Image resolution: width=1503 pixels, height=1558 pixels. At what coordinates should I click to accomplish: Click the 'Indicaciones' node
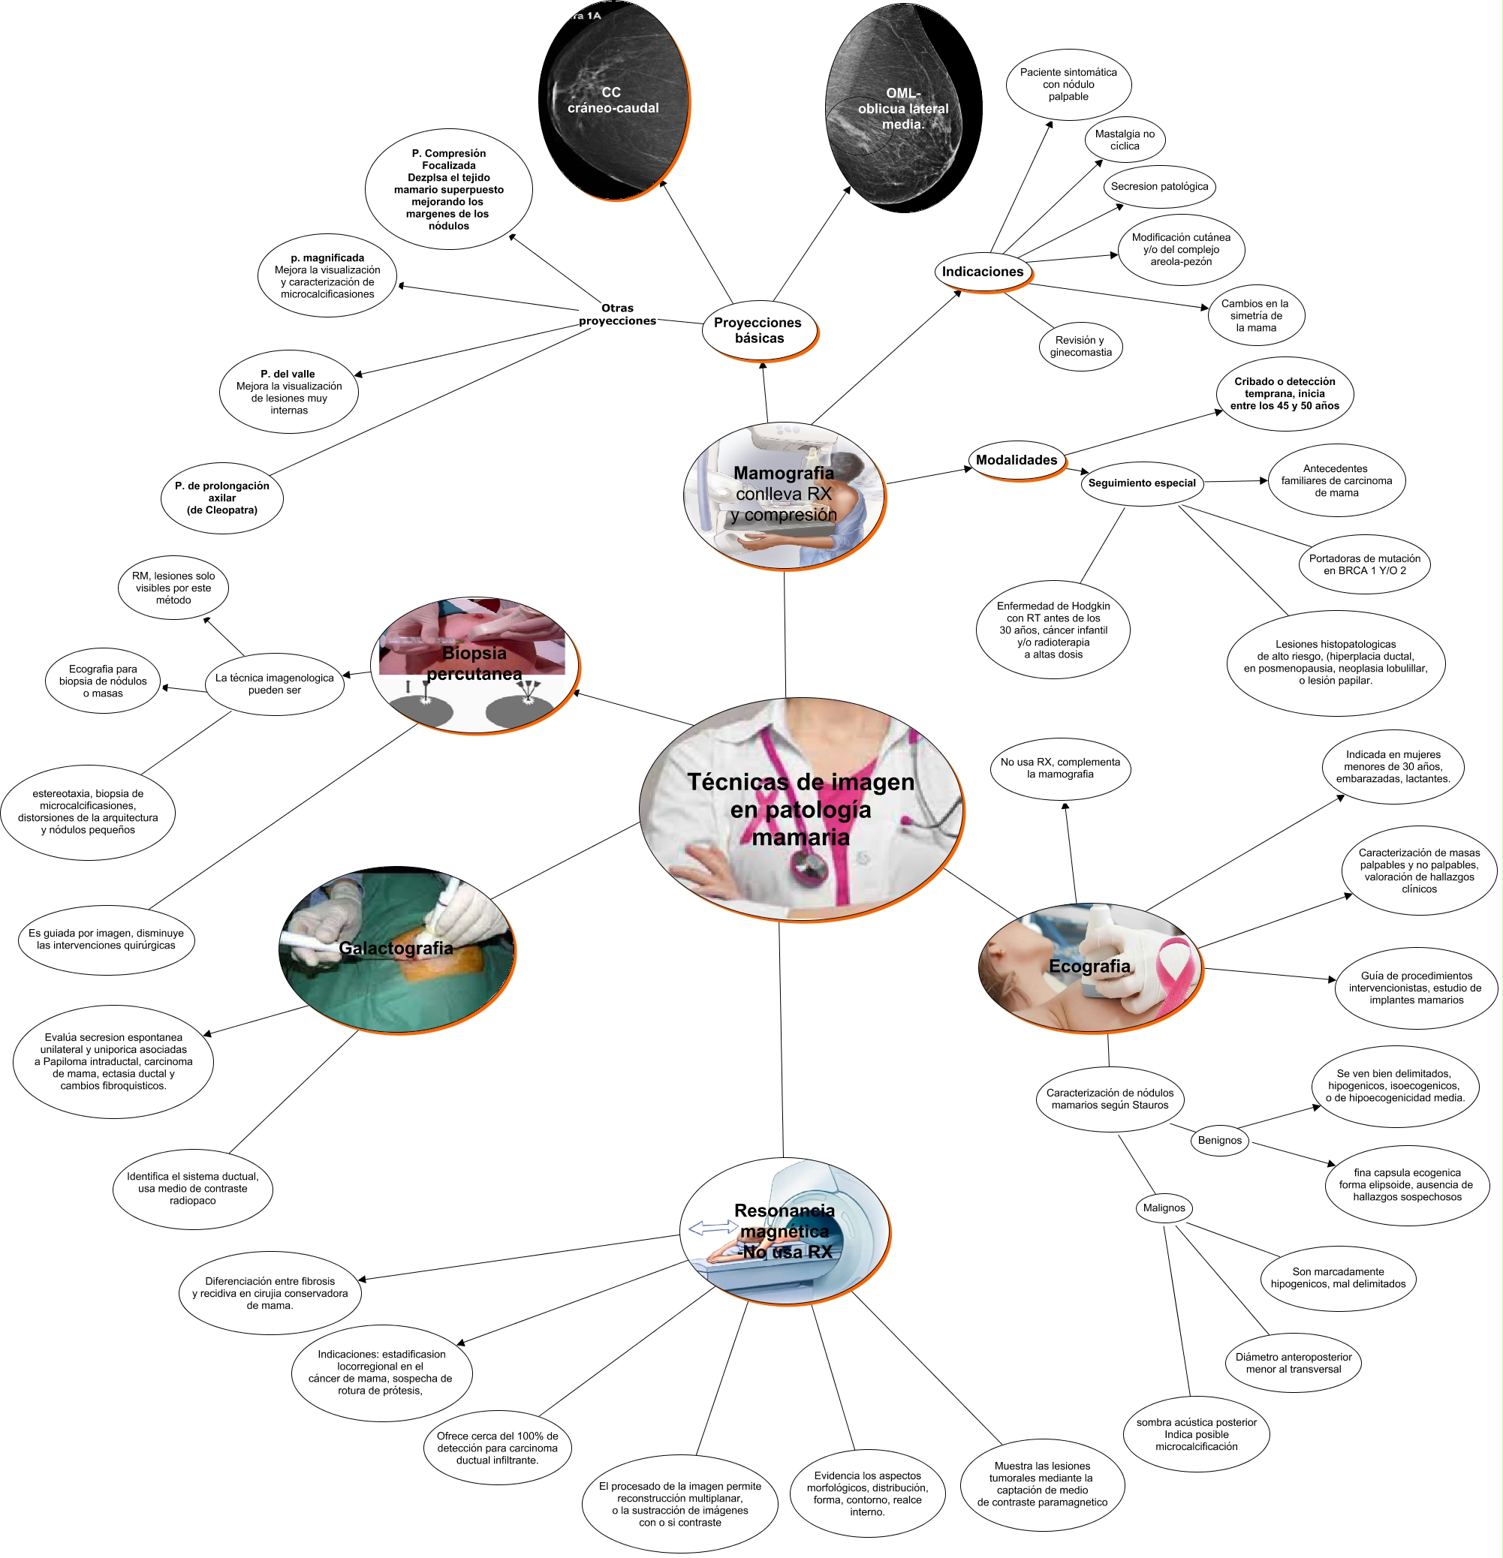[x=982, y=272]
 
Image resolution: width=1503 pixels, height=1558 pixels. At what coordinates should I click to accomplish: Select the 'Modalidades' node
[x=1017, y=460]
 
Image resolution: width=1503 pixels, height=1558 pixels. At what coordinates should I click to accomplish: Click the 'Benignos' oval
[x=1219, y=1141]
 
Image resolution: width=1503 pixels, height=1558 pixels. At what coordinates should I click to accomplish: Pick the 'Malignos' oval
[x=1164, y=1208]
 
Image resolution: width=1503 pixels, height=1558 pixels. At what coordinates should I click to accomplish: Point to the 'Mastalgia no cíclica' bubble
[x=1125, y=140]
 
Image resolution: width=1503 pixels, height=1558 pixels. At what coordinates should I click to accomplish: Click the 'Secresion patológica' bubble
[x=1158, y=187]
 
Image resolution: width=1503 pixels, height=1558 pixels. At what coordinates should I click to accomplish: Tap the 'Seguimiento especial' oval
[x=1141, y=483]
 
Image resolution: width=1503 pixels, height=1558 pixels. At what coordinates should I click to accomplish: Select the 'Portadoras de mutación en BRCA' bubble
[x=1364, y=564]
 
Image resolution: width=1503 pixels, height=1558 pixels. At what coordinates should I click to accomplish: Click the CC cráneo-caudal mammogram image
[x=613, y=101]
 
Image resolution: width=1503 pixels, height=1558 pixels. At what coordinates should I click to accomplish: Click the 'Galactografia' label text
[x=396, y=949]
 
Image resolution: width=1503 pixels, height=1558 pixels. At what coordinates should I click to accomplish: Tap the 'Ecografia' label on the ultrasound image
[x=1089, y=967]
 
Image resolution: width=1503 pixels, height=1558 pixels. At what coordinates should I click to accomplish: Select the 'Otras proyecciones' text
[x=617, y=314]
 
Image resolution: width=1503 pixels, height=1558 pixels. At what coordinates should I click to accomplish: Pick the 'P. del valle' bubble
[x=289, y=393]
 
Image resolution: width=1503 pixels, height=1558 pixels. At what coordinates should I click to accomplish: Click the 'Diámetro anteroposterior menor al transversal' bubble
[x=1293, y=1363]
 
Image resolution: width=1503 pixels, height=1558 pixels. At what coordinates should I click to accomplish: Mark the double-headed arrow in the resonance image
[x=712, y=1228]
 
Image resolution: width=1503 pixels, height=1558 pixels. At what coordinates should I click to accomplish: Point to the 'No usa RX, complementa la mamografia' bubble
[x=1060, y=768]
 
